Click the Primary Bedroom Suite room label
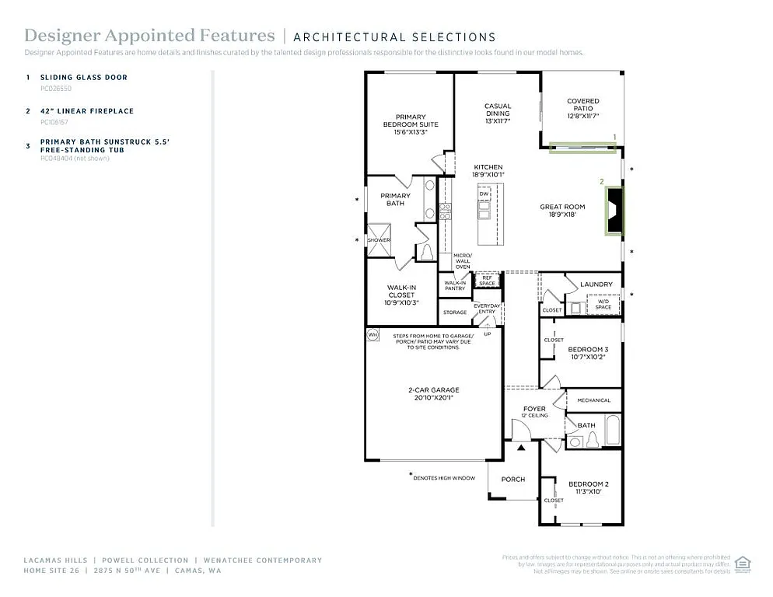tap(411, 120)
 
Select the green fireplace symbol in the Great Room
tap(614, 210)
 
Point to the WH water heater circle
tap(372, 335)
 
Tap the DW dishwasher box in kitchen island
tap(484, 194)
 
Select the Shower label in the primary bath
tap(379, 240)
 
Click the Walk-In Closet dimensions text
tap(401, 302)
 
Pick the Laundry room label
tap(596, 285)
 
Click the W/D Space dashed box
tap(603, 305)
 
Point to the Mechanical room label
tap(593, 400)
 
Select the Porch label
tap(512, 480)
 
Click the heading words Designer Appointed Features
tap(149, 36)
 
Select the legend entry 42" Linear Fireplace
tap(87, 111)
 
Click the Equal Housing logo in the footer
tap(743, 562)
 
